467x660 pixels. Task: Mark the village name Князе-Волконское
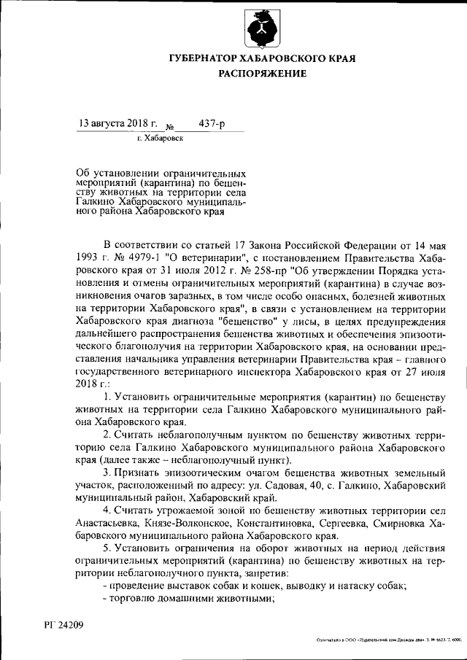click(x=190, y=524)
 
